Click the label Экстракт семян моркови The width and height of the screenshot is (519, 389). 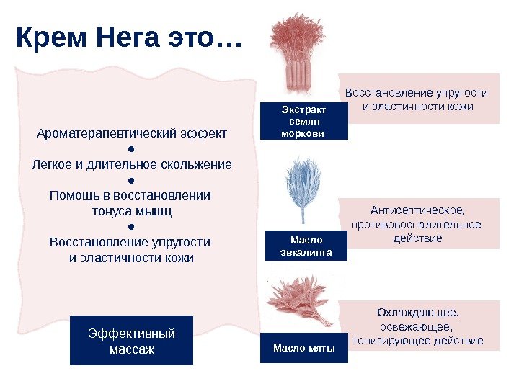303,121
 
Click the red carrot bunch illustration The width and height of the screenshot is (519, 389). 293,54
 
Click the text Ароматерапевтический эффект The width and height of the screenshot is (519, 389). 131,133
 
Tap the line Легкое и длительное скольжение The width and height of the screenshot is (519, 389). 132,164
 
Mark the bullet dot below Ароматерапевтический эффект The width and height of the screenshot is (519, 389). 131,149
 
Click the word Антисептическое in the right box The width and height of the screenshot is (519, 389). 417,210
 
